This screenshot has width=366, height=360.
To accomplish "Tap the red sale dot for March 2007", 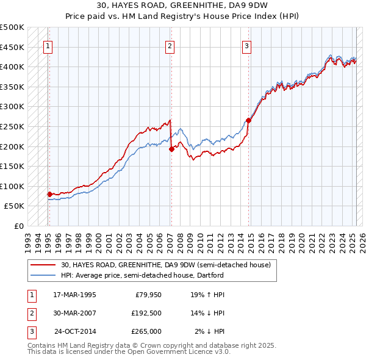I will (171, 149).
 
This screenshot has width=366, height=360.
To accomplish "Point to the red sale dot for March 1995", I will (49, 194).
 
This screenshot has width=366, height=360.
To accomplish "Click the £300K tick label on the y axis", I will (12, 107).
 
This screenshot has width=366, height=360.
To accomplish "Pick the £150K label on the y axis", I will (12, 166).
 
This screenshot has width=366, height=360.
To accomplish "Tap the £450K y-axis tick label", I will (12, 47).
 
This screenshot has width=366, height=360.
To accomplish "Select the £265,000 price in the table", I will (146, 332).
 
